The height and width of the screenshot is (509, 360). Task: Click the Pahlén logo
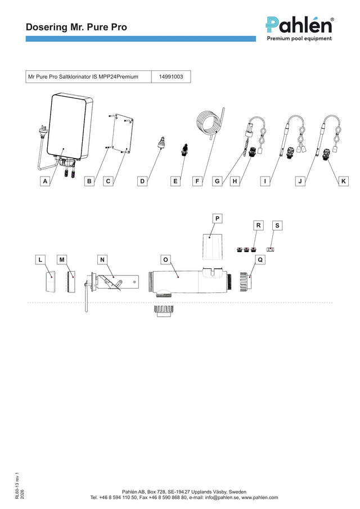click(299, 29)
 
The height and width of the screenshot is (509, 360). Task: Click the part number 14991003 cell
click(171, 77)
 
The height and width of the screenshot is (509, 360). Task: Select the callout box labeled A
click(45, 181)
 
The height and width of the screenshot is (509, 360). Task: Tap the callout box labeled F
click(197, 181)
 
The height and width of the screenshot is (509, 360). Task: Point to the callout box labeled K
click(344, 181)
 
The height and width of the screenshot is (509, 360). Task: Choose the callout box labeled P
click(217, 218)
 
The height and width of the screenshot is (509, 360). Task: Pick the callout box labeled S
click(277, 226)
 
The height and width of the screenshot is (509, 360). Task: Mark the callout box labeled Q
click(260, 260)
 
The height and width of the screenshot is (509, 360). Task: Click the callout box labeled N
click(102, 260)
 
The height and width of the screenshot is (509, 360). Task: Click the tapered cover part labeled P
click(213, 246)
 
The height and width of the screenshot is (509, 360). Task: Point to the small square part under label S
click(271, 249)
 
